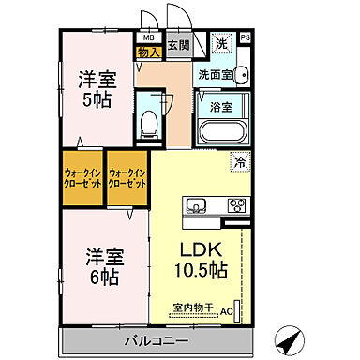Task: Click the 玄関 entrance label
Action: click(178, 44)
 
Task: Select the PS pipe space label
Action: click(246, 38)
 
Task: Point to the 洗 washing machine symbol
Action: click(219, 44)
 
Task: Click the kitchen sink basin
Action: click(198, 205)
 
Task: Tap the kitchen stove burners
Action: click(234, 205)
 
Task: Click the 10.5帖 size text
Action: click(201, 272)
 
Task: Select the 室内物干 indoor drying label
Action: click(194, 307)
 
